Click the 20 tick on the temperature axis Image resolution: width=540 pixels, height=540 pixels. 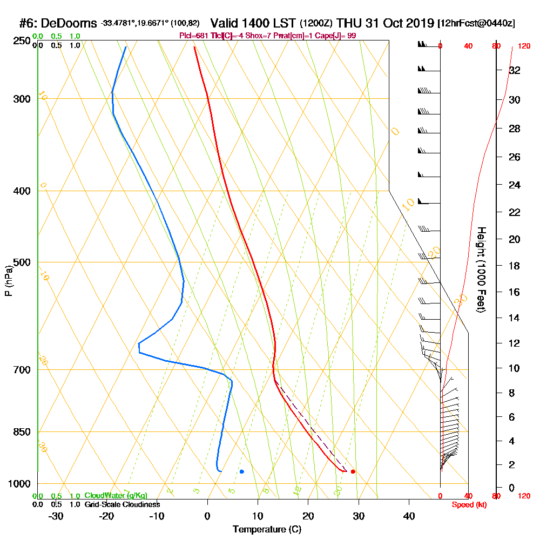tap(308, 516)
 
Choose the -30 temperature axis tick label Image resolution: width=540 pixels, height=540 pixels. tap(56, 516)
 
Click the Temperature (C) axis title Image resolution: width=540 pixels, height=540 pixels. tap(267, 530)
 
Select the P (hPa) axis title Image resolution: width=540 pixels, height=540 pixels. tap(8, 280)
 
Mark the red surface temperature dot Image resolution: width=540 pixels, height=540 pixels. tap(353, 471)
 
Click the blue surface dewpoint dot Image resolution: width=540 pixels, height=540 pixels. tap(242, 471)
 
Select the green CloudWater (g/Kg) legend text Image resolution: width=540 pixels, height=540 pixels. tap(116, 496)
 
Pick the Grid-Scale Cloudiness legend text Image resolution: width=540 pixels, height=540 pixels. tap(122, 504)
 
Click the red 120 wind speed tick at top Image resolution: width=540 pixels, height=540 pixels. tap(524, 46)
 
